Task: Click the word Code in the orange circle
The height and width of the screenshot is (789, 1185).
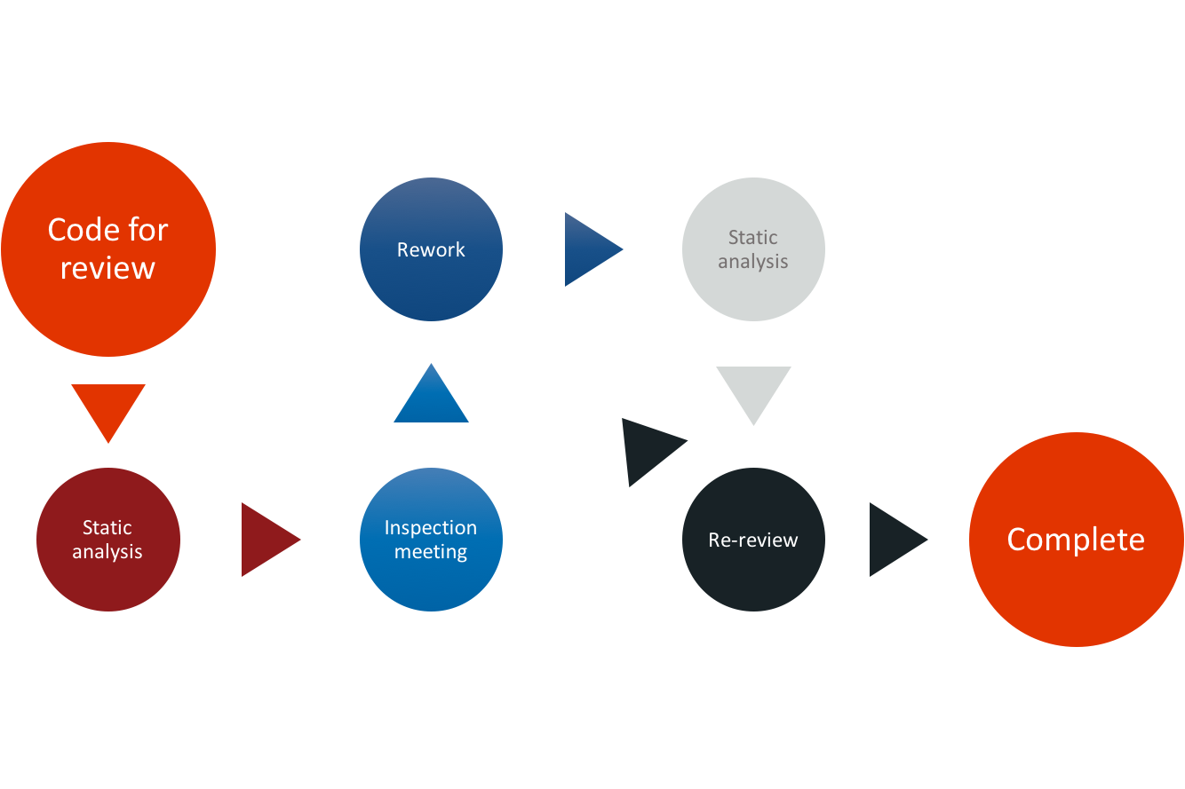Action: tap(78, 230)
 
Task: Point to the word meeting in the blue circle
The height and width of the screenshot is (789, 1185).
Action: tap(431, 552)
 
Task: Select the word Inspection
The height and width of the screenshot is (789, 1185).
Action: tap(431, 528)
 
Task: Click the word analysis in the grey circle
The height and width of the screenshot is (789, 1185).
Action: tap(753, 262)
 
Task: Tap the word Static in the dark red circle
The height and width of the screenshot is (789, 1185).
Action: tap(107, 528)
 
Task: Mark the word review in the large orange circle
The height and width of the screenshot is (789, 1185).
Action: tap(107, 268)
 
